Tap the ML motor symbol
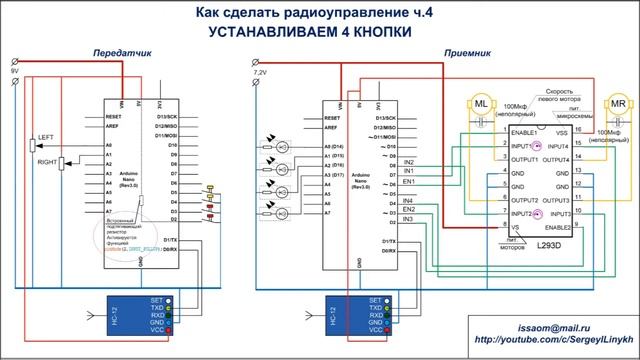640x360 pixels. tap(481, 104)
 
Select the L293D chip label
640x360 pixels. tap(548, 243)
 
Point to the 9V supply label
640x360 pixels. tap(14, 73)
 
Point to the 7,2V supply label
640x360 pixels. tap(260, 73)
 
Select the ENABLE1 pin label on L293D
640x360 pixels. tap(523, 132)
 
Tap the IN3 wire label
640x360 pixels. tap(407, 218)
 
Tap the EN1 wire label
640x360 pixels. tap(408, 182)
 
